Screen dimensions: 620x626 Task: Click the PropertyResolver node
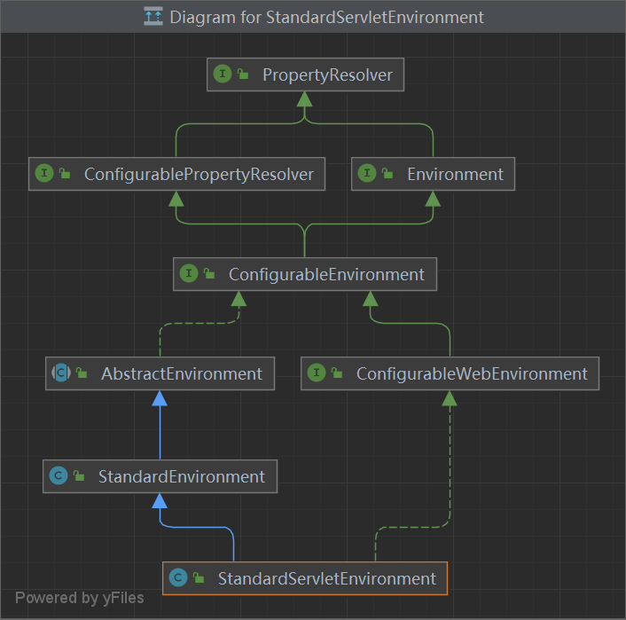pyautogui.click(x=305, y=75)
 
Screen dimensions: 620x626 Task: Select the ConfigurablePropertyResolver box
pyautogui.click(x=176, y=174)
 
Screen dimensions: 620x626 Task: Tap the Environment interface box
pyautogui.click(x=433, y=174)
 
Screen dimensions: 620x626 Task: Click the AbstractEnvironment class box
pyautogui.click(x=160, y=373)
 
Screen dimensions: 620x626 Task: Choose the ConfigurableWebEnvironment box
pyautogui.click(x=450, y=373)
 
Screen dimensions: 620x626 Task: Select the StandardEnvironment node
pyautogui.click(x=160, y=476)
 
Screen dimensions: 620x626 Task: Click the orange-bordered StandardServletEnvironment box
pyautogui.click(x=305, y=578)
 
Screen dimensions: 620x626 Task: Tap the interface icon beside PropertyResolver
pyautogui.click(x=223, y=75)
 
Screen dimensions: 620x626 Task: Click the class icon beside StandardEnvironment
pyautogui.click(x=59, y=476)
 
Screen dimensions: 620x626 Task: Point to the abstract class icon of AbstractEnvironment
pyautogui.click(x=60, y=373)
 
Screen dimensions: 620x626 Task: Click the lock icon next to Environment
pyautogui.click(x=387, y=175)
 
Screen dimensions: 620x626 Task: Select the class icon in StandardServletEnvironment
pyautogui.click(x=178, y=578)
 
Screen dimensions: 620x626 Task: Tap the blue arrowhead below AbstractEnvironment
pyautogui.click(x=160, y=398)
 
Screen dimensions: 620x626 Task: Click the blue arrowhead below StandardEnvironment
pyautogui.click(x=160, y=500)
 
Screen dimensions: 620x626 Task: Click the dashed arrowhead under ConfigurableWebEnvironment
pyautogui.click(x=450, y=398)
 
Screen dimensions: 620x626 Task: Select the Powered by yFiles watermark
pyautogui.click(x=79, y=598)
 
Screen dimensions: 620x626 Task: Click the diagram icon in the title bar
pyautogui.click(x=153, y=17)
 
